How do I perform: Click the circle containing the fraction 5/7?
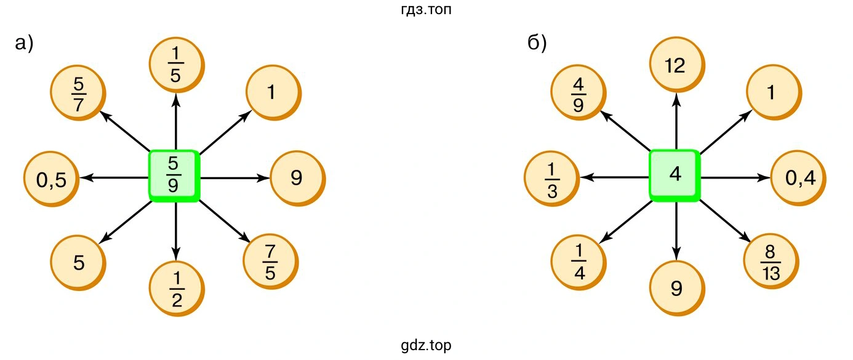click(78, 94)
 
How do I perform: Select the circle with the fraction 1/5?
click(177, 65)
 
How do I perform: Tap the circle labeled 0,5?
click(52, 179)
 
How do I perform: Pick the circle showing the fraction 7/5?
click(271, 263)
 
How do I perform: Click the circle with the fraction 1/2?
click(177, 289)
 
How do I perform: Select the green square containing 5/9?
click(174, 175)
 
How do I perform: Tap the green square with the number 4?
click(675, 175)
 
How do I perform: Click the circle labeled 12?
click(677, 65)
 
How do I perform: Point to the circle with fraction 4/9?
click(579, 94)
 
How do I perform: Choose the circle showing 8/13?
click(771, 263)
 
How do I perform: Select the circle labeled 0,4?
click(799, 178)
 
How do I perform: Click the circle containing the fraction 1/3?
click(552, 179)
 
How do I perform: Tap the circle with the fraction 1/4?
click(579, 263)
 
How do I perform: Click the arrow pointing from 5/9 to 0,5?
click(114, 177)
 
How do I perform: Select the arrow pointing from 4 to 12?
click(676, 121)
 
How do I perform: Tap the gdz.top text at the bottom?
click(426, 345)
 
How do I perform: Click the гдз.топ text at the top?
click(426, 9)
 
